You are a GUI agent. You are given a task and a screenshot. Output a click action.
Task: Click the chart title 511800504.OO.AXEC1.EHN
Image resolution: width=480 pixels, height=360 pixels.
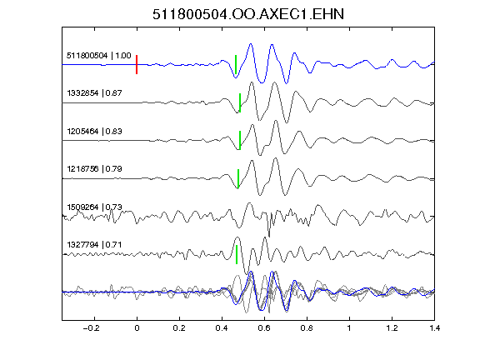248,14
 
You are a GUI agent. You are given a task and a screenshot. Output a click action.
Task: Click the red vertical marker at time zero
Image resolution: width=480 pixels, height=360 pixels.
137,65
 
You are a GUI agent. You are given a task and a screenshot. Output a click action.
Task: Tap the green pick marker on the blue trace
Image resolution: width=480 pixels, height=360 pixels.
236,65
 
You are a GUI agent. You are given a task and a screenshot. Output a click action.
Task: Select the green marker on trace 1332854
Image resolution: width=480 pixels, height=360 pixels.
240,102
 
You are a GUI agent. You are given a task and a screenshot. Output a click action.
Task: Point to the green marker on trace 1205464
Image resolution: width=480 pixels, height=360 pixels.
240,141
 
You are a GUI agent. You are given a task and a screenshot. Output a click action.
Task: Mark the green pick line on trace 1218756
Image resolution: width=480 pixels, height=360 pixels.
238,178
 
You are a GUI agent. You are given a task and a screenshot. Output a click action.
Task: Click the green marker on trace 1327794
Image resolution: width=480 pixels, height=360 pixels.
237,254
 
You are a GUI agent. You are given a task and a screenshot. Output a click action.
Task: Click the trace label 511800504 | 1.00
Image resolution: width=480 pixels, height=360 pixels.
99,56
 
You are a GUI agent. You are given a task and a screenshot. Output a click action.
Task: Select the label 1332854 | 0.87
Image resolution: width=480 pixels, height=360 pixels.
94,93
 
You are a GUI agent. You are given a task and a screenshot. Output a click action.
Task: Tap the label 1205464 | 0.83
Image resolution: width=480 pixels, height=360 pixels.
94,132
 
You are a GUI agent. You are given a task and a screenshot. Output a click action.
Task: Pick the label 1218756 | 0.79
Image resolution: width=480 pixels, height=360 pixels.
94,169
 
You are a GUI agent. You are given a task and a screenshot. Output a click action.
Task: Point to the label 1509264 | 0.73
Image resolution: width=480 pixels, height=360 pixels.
94,207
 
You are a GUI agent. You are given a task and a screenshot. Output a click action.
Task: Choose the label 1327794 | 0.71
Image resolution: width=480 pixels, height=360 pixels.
94,245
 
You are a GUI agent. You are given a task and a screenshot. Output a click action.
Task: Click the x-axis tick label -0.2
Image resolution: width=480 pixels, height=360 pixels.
92,328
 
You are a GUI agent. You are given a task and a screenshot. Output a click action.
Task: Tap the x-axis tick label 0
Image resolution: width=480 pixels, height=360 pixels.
137,328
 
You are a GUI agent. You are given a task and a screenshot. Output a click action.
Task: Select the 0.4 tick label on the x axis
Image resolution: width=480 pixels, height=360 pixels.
222,328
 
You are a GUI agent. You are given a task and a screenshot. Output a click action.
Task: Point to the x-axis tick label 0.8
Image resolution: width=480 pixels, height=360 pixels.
307,328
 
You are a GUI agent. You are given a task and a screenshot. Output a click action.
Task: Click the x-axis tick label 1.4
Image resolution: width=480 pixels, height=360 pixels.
435,328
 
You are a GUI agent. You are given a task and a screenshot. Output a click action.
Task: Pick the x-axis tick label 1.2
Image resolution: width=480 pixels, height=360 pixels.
392,328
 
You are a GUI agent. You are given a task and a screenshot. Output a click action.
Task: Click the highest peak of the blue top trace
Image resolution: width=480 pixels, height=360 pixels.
251,44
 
